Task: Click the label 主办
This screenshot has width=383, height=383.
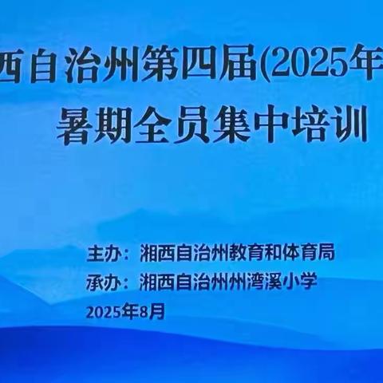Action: (x=104, y=254)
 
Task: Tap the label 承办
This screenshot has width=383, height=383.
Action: (x=104, y=281)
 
